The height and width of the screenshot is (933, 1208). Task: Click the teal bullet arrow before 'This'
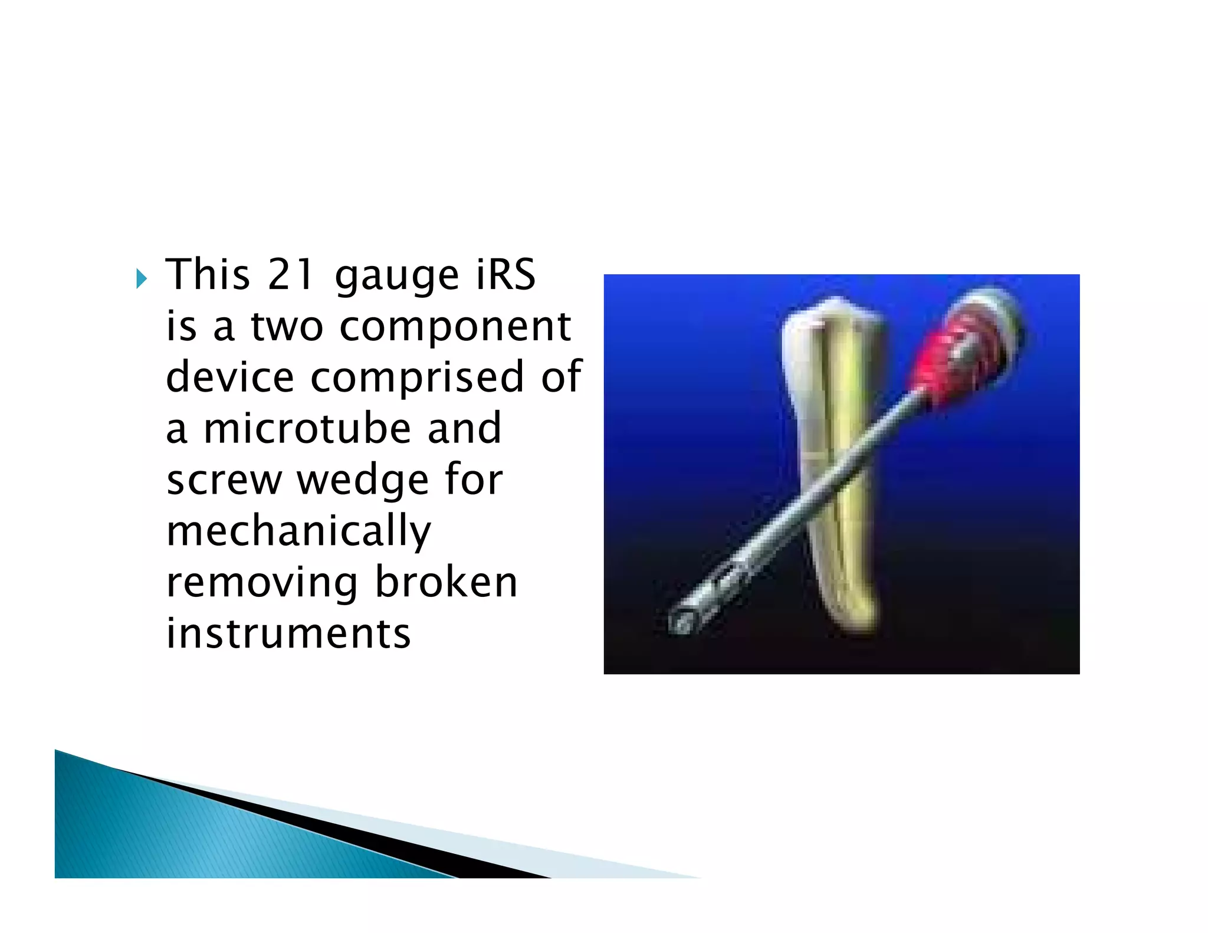coord(141,278)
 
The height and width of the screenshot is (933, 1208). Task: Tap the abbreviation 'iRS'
coord(505,275)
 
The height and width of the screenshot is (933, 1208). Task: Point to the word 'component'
coord(455,328)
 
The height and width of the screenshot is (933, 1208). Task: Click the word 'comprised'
coord(417,378)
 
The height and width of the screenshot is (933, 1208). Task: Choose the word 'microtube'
coord(307,429)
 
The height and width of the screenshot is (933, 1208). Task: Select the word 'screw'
coord(224,480)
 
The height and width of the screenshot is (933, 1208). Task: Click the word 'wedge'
coord(362,480)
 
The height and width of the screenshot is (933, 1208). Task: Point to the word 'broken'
coord(446,583)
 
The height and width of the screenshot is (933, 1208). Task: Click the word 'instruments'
coord(288,634)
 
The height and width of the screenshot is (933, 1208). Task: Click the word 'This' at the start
coord(208,275)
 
